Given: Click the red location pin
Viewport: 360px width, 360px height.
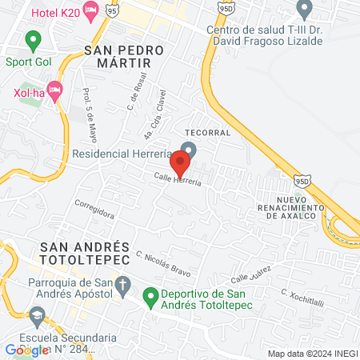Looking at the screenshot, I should pos(180,163).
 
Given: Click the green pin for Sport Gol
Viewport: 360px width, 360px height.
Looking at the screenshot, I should pos(33,38).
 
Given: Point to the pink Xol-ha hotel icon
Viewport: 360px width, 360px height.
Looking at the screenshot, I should pos(54,90).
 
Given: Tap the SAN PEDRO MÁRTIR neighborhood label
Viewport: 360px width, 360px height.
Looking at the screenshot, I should pos(123,50).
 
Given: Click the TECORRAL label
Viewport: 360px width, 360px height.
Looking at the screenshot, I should pos(207,132).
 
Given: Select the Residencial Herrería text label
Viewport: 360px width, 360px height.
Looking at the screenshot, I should pos(133,153).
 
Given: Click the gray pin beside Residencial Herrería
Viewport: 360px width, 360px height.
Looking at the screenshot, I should pos(188,149).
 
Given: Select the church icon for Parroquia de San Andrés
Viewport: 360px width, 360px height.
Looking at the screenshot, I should pos(123,285).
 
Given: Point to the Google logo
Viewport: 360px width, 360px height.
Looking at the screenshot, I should pos(26,350).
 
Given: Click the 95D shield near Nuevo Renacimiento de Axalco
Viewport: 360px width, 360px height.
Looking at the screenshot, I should pos(300,182).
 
